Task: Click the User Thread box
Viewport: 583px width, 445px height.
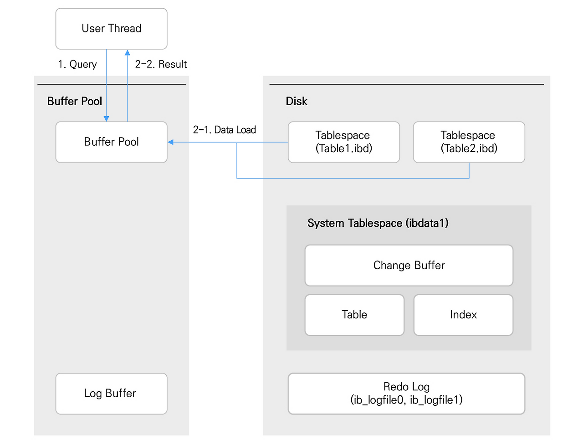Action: point(111,29)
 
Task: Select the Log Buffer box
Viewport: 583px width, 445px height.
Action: point(111,394)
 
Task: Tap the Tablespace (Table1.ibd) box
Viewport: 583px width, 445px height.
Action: point(343,142)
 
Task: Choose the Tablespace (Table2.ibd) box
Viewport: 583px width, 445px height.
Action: point(469,142)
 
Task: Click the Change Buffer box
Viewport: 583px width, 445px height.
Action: point(409,266)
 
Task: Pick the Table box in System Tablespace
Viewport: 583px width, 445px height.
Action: point(354,315)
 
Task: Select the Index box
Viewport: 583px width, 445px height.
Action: point(463,315)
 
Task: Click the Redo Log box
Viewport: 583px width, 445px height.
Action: point(406,394)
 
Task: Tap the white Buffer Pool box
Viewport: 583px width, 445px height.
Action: point(111,142)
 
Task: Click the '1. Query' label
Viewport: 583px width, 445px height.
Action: point(77,64)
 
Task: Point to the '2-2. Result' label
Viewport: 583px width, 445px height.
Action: point(161,64)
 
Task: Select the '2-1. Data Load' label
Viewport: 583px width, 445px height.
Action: point(225,130)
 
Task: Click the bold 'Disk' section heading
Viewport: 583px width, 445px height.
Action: point(297,101)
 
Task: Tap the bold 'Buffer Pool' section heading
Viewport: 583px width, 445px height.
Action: point(75,101)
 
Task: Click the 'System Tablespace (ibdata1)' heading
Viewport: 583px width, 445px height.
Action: point(378,223)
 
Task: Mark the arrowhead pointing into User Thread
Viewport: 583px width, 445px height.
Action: point(128,53)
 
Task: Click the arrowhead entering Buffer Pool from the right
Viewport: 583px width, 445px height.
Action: point(171,142)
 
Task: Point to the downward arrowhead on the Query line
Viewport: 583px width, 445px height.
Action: point(107,118)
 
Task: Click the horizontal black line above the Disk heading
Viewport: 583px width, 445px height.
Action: point(406,84)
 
